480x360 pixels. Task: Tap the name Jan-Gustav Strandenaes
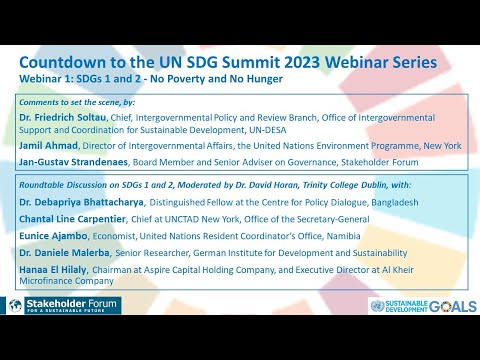pos(72,159)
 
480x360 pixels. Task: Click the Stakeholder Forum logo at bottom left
pos(59,305)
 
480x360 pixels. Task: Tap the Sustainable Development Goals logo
pos(420,306)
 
